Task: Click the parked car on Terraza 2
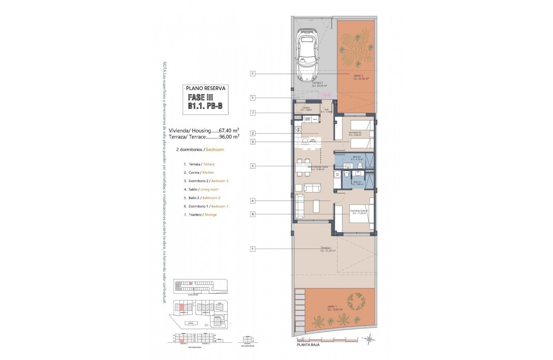(x=307, y=55)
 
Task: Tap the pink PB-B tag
(x=326, y=95)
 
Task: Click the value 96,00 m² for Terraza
(x=229, y=137)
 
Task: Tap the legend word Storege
(x=210, y=215)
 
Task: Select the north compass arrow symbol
(x=368, y=339)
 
